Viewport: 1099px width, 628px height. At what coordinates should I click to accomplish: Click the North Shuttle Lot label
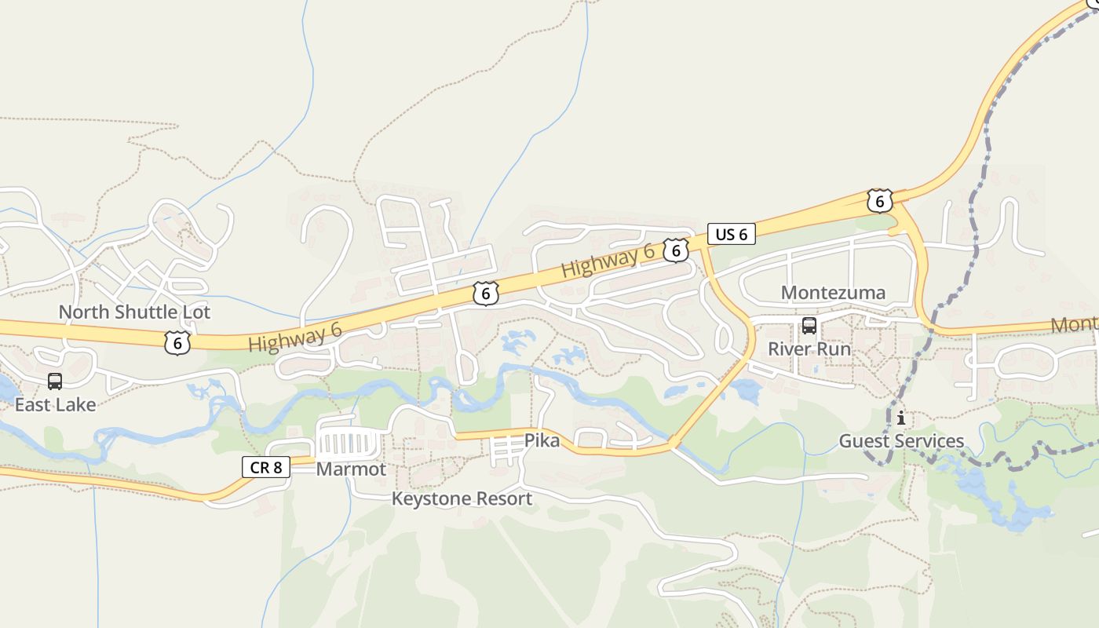134,312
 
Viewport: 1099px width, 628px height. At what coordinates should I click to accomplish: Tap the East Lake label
55,404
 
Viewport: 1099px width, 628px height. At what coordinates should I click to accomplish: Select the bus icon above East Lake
55,382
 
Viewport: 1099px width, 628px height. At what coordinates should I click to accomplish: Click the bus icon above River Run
809,326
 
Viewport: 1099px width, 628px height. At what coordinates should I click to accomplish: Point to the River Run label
809,349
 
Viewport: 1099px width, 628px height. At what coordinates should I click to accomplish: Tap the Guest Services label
901,440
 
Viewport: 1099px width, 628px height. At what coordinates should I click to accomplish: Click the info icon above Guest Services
901,418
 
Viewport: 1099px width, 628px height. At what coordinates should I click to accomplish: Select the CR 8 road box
266,468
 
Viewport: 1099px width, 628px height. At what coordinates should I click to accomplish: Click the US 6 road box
731,234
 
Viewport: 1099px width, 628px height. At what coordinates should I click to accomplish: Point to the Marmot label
351,469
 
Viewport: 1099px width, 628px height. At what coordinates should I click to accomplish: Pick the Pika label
542,440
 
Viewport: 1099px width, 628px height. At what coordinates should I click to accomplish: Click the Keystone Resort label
462,498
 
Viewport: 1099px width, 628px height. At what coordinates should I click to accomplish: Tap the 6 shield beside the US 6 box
675,250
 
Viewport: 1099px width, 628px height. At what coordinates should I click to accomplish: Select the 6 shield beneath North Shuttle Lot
178,342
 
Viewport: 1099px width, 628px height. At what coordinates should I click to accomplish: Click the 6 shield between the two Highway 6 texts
486,294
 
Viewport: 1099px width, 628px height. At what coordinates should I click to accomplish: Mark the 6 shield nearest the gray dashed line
880,201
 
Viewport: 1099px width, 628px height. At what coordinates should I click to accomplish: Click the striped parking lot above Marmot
347,444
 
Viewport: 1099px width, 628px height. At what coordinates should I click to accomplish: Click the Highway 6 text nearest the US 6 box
608,260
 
